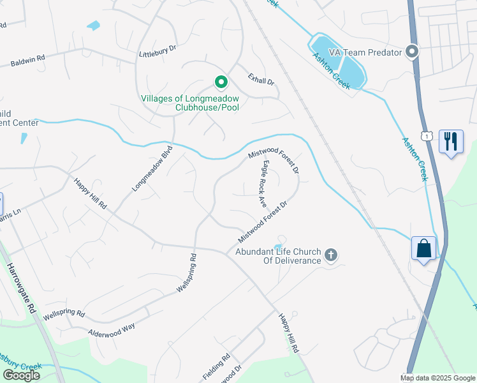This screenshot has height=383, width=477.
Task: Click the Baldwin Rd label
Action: coord(27,61)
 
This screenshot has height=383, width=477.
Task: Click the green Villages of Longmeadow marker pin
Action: coord(221,82)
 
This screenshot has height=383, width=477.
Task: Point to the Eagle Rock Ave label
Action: coord(263,184)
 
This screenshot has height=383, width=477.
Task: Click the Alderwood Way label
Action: coord(112,328)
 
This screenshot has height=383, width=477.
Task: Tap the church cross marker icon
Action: coord(330,255)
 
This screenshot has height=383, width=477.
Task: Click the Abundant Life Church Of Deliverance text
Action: coord(277,255)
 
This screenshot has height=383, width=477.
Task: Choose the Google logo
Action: coord(21,375)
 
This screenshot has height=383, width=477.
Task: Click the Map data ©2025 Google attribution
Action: coord(437,378)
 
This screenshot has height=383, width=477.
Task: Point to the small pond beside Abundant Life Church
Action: coord(277,246)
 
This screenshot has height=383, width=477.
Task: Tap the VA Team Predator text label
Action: coord(365,52)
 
